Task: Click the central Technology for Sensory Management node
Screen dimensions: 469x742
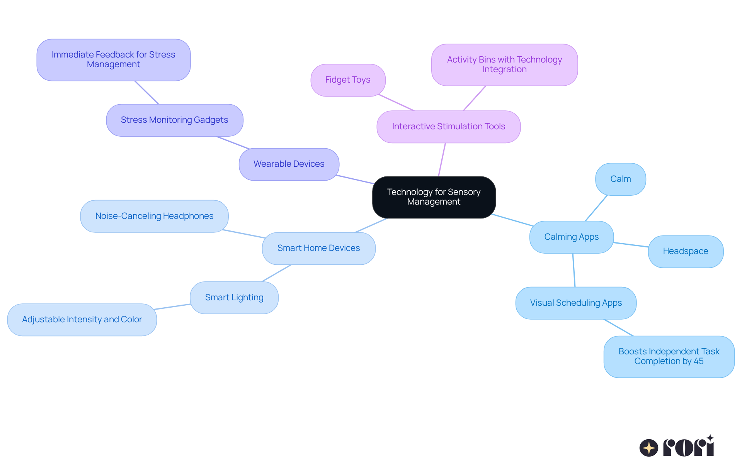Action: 434,197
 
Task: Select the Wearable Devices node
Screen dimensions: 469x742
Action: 289,164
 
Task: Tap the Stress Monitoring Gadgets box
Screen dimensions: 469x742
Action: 174,120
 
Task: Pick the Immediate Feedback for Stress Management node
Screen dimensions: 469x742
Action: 113,60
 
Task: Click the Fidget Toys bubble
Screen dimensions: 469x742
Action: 348,80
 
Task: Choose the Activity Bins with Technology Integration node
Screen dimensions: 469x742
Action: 504,64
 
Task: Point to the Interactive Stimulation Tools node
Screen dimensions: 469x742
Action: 448,127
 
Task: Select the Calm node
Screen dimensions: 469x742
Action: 620,179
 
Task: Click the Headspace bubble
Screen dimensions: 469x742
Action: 685,251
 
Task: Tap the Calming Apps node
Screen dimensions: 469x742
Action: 571,237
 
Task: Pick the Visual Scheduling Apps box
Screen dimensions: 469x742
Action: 576,303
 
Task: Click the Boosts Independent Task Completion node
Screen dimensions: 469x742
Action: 669,356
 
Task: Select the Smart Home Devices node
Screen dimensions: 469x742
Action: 318,248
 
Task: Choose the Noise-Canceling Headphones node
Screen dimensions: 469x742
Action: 154,216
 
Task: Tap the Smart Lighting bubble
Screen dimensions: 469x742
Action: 234,298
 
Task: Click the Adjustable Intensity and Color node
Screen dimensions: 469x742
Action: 82,320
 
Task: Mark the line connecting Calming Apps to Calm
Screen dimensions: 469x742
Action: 596,208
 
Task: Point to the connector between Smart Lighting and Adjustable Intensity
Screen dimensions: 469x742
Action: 173,307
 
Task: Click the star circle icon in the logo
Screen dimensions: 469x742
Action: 648,448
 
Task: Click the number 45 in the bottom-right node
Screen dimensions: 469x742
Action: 698,361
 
